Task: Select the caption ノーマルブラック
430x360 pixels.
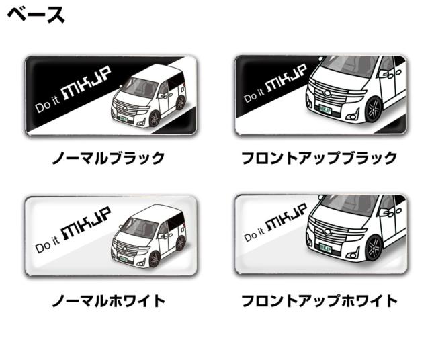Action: tap(110, 159)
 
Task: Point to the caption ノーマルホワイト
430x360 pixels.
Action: tap(109, 300)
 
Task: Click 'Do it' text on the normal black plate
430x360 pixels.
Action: tap(47, 107)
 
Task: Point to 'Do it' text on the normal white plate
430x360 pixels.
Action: tap(47, 246)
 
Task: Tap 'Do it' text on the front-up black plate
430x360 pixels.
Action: tap(255, 97)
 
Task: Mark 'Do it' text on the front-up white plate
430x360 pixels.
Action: tap(255, 236)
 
